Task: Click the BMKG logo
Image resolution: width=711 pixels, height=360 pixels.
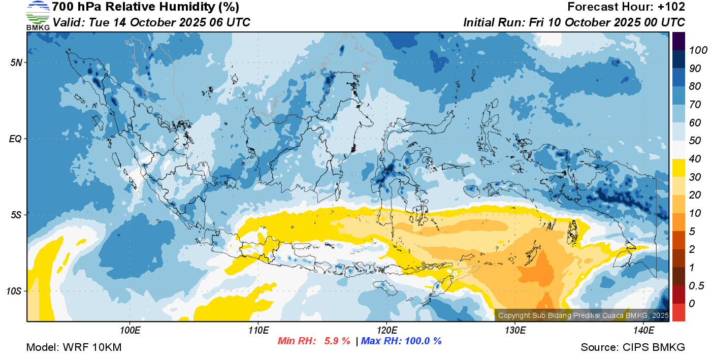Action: pos(38,15)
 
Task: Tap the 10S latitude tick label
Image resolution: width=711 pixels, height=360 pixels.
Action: pos(13,291)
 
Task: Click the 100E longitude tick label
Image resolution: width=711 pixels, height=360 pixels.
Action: pos(130,331)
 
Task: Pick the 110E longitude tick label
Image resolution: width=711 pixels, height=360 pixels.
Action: pos(258,331)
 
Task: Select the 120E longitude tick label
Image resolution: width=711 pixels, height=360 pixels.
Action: pos(387,331)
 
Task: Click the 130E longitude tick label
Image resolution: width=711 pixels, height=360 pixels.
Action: pos(515,331)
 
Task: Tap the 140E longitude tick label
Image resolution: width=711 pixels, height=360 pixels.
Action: pos(643,331)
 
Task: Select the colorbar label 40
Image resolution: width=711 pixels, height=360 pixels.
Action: pos(695,159)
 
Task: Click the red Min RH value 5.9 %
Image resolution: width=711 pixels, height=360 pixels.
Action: pos(337,341)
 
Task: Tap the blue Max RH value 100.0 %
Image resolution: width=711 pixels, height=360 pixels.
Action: pos(423,341)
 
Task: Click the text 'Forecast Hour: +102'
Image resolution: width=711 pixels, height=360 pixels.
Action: pos(626,7)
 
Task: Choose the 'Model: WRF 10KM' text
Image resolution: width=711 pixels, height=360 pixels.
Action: pos(74,347)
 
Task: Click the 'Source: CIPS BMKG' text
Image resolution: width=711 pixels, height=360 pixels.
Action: pos(633,347)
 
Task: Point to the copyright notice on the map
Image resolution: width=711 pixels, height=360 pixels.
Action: pos(583,315)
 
